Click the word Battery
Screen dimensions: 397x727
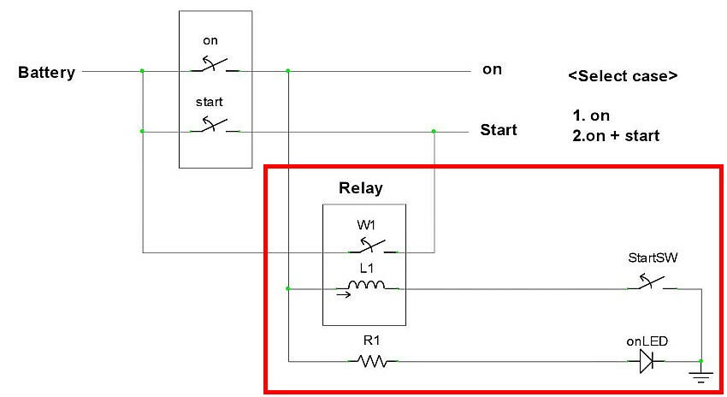tap(46, 73)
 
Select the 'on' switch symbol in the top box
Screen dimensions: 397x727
tap(215, 65)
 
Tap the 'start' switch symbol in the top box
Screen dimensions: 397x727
tap(215, 126)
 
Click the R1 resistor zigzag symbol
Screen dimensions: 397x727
tap(372, 362)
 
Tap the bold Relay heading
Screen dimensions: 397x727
tap(361, 188)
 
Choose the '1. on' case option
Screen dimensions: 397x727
tap(592, 116)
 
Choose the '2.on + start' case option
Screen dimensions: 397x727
tap(616, 136)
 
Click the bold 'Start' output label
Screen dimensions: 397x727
tap(499, 130)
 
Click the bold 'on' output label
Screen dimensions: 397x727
tap(492, 69)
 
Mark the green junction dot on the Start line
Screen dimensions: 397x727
tap(434, 131)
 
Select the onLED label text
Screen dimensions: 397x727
tap(647, 341)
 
